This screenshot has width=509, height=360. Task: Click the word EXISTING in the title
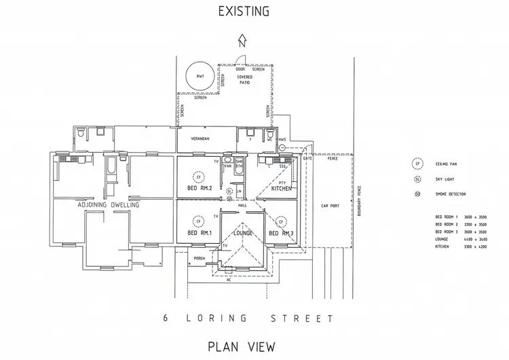[x=243, y=11]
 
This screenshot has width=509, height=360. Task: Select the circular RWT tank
[x=199, y=76]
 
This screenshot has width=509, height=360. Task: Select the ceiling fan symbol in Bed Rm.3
[x=280, y=221]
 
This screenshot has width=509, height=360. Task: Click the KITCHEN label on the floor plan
[x=281, y=188]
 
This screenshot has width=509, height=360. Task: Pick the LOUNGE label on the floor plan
[x=242, y=233]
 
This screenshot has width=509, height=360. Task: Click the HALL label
[x=242, y=203]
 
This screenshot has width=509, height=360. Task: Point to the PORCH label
[x=200, y=258]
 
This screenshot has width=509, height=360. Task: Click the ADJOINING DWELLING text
[x=109, y=204]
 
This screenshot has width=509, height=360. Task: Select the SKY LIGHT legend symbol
[x=417, y=179]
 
